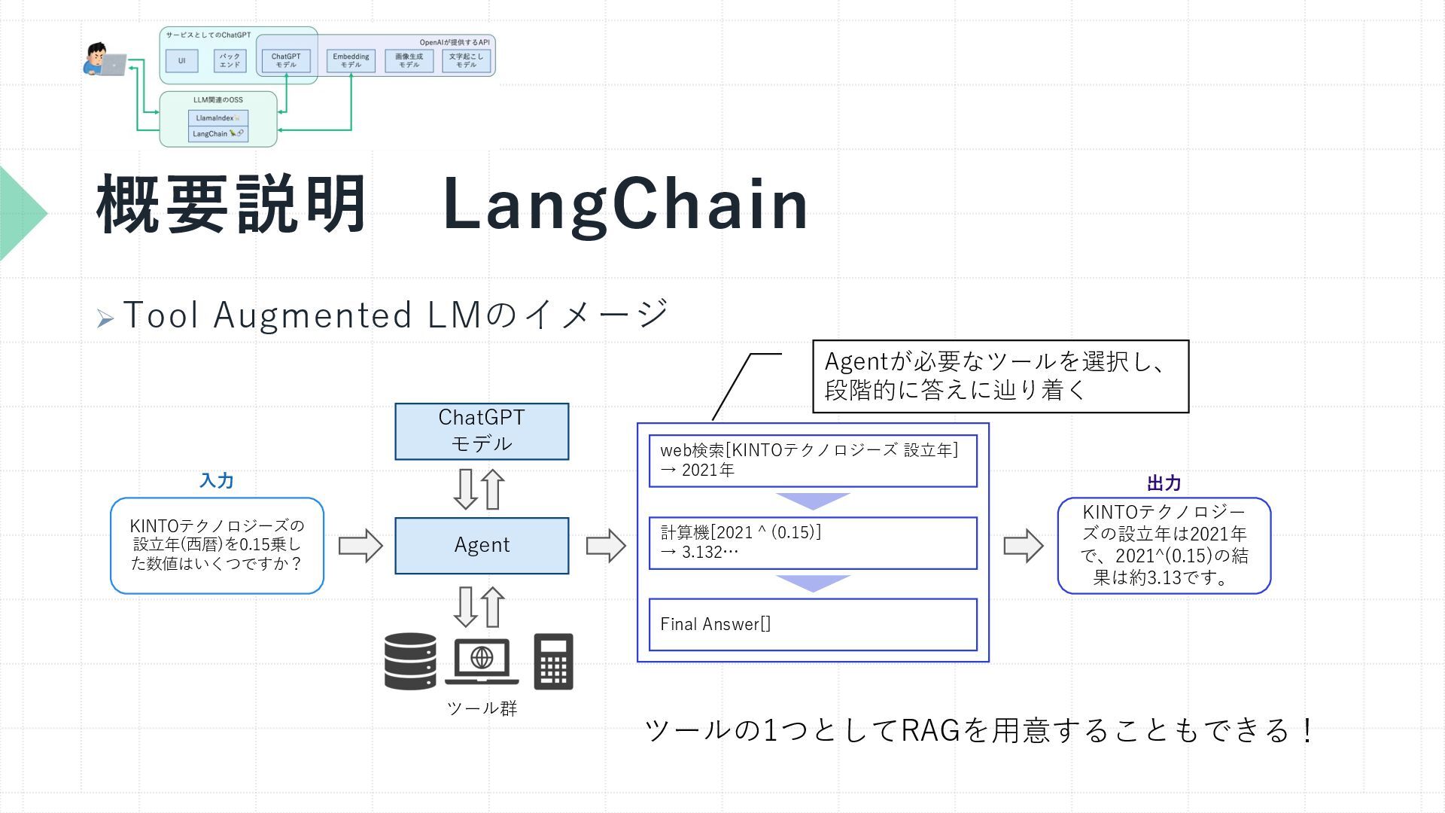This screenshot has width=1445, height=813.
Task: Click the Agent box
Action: click(482, 546)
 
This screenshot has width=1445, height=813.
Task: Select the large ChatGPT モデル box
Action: click(482, 431)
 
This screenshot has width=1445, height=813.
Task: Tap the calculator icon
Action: click(553, 662)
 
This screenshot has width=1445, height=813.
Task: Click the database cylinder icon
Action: click(410, 662)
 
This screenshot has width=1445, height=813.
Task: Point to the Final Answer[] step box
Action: click(813, 624)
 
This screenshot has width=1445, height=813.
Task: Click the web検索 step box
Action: click(813, 461)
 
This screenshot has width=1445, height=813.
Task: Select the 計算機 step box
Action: click(813, 543)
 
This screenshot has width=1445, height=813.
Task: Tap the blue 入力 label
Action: click(216, 481)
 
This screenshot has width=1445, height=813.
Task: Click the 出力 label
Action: click(1164, 483)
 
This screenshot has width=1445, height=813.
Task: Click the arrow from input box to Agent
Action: click(360, 546)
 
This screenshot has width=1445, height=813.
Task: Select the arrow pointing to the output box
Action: click(1024, 546)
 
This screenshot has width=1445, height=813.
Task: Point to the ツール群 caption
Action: click(482, 708)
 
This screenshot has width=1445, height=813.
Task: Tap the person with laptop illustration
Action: click(104, 60)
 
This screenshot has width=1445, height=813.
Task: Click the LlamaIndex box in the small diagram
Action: click(218, 118)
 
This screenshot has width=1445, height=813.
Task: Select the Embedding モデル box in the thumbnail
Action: click(351, 60)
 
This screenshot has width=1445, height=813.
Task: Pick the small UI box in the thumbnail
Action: click(181, 60)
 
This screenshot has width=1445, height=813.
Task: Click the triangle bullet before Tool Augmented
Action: click(105, 319)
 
